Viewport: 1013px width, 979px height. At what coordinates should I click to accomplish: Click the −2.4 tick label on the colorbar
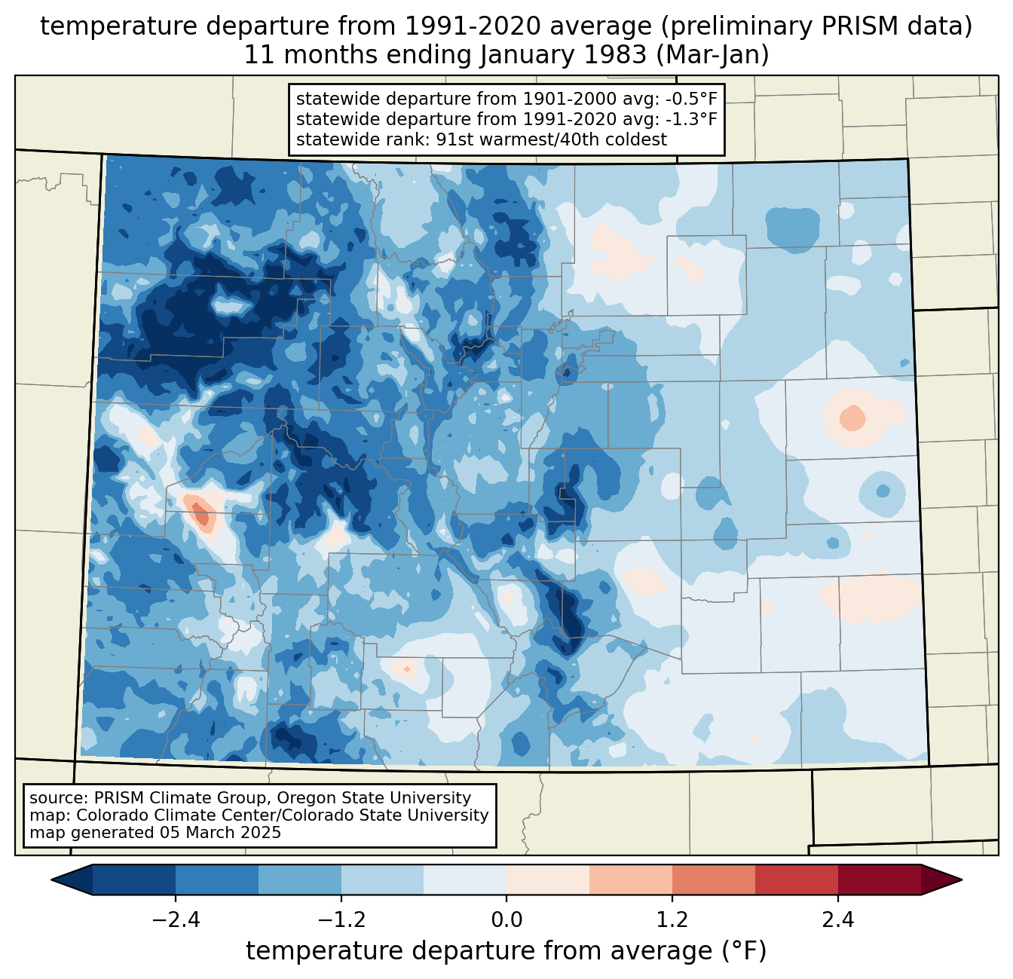[x=175, y=920]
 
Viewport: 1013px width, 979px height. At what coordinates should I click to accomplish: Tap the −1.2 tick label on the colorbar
[x=341, y=920]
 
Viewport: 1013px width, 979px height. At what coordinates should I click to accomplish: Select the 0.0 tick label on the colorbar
[x=506, y=920]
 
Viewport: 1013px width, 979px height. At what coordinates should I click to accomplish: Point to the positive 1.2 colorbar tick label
[x=672, y=920]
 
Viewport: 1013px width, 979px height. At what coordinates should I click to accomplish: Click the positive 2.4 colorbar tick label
[x=838, y=920]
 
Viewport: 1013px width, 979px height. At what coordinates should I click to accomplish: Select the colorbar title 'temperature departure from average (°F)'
[x=506, y=951]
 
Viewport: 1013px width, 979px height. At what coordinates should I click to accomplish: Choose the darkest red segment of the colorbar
[x=879, y=880]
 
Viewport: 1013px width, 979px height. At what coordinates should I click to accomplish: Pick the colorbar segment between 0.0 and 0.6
[x=548, y=880]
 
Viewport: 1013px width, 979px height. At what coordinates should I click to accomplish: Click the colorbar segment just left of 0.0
[x=465, y=880]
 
